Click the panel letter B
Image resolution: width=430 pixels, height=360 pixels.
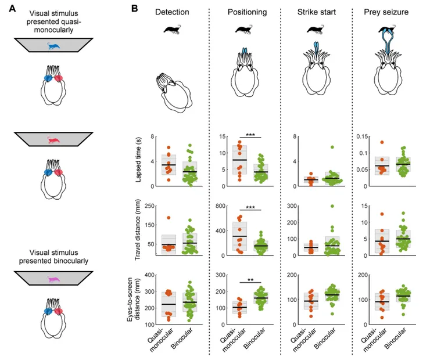click(135, 10)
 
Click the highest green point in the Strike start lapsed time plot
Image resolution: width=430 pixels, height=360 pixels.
click(316, 147)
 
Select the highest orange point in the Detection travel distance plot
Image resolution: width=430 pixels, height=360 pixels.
click(169, 218)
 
